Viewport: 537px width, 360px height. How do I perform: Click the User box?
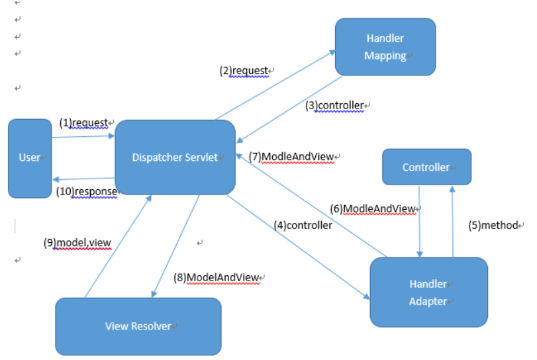[30, 158]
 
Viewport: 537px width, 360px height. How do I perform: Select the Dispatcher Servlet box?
[175, 157]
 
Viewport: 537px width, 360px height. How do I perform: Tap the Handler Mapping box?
[385, 47]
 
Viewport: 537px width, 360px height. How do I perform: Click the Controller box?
[426, 167]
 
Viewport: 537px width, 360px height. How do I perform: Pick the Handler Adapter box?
[428, 292]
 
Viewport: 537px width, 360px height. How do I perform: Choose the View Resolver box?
[138, 326]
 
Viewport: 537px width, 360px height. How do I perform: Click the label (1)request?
[84, 122]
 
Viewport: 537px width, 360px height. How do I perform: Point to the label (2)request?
[244, 71]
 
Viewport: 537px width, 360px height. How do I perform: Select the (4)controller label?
[303, 225]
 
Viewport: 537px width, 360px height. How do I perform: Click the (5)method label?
[493, 226]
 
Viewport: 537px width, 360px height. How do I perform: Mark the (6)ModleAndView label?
[373, 209]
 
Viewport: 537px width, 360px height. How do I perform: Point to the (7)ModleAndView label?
[291, 157]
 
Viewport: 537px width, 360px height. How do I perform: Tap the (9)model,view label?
[77, 243]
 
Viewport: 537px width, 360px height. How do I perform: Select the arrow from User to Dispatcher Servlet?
[83, 137]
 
